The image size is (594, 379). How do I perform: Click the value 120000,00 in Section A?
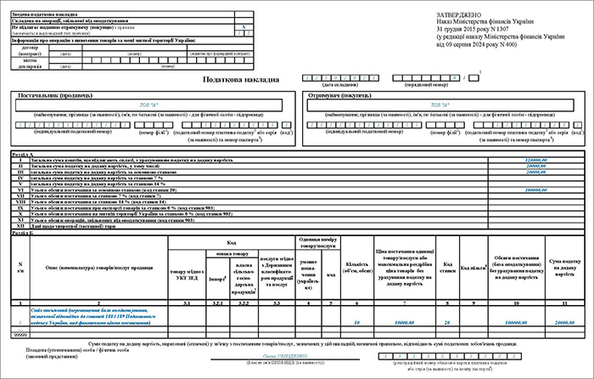click(538, 159)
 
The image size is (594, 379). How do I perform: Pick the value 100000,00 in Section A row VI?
click(538, 189)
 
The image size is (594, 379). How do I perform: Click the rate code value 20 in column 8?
click(446, 324)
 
